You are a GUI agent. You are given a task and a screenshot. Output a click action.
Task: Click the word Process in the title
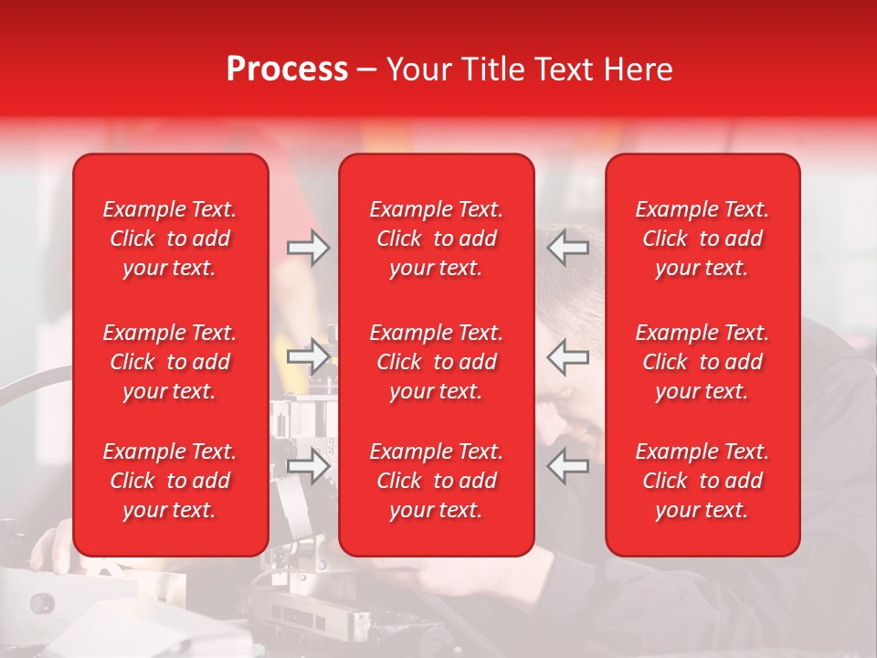287,69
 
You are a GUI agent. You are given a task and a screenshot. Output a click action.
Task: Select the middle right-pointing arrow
308,356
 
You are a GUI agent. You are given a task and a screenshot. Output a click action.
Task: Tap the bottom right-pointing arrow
308,466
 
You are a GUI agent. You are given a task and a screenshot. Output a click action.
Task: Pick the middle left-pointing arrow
568,356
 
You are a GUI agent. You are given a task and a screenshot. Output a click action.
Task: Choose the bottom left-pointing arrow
568,466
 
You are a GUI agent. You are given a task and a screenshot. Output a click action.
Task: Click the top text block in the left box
170,239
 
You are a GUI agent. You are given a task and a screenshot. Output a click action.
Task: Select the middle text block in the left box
170,362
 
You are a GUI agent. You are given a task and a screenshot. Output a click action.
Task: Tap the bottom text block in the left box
170,481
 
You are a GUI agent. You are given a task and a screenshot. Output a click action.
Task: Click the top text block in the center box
436,239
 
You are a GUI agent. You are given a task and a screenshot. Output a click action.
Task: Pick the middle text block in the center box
436,362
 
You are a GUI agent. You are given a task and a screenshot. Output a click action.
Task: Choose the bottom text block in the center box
436,481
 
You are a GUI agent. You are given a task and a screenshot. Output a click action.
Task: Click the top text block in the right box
703,239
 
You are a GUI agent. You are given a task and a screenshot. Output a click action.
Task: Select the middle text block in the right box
703,362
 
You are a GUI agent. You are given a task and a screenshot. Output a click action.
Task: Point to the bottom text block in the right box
703,481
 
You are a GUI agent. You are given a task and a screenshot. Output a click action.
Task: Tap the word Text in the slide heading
564,69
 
